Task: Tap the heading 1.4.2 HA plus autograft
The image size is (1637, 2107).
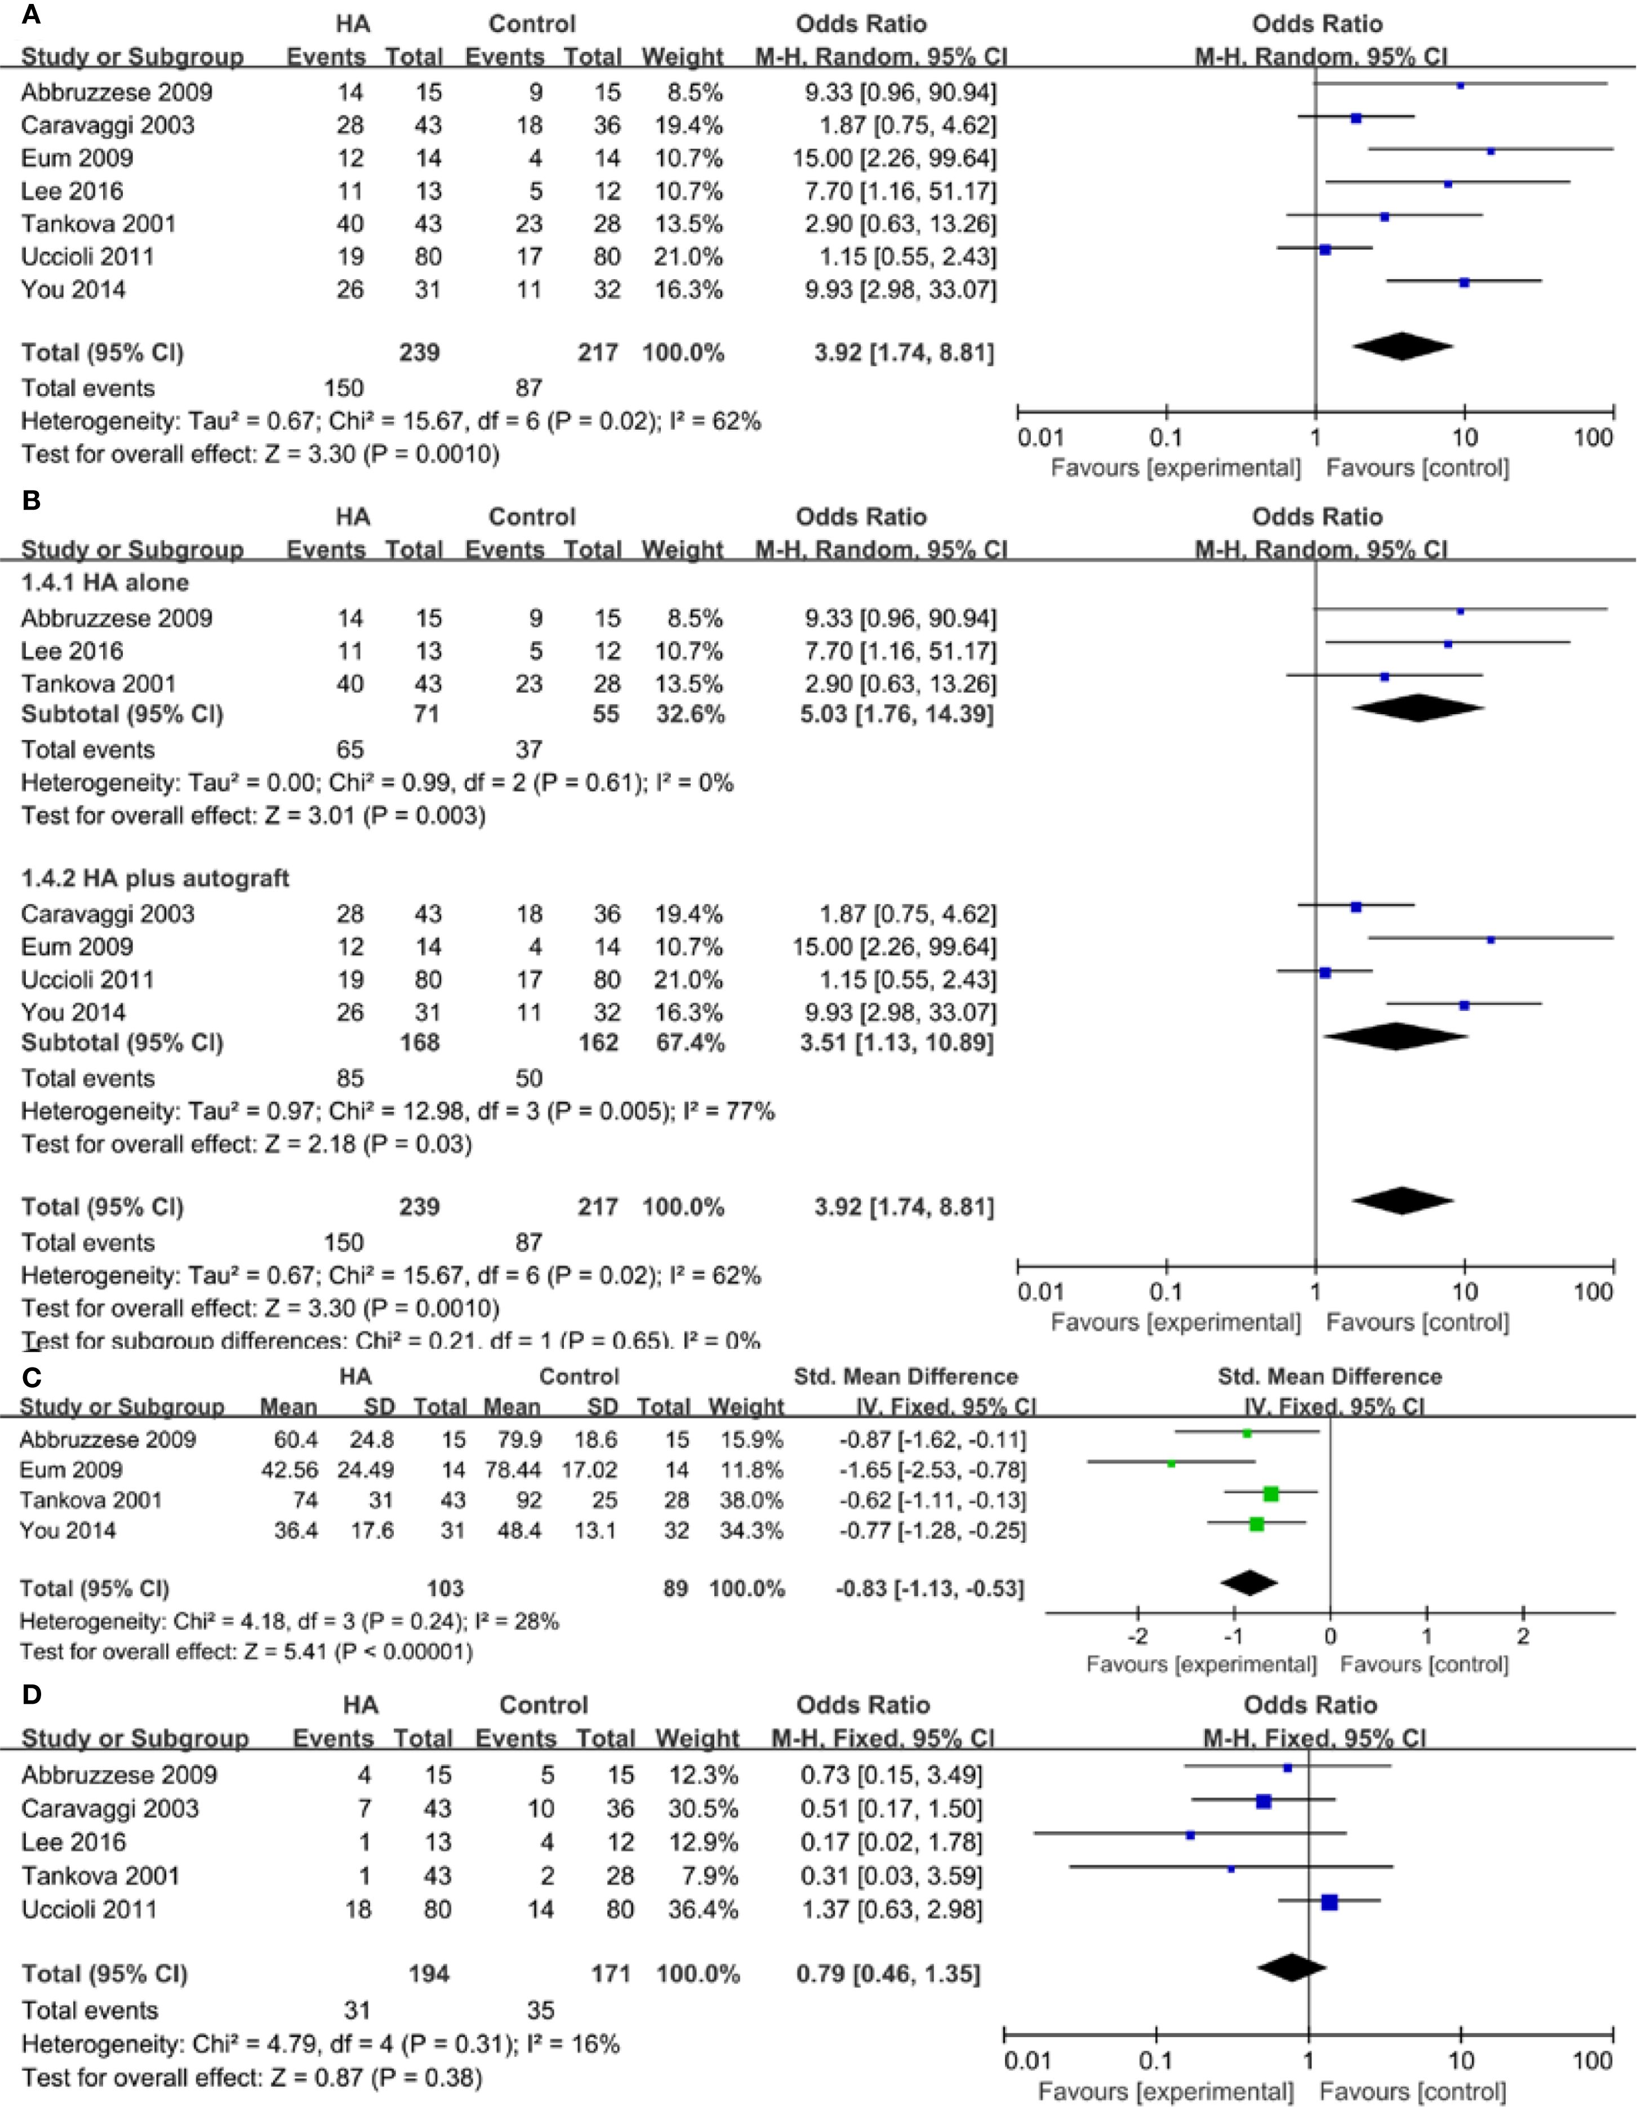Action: (155, 878)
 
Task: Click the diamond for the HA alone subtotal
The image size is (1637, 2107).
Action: (1418, 708)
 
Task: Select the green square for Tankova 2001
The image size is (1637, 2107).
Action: (1270, 1494)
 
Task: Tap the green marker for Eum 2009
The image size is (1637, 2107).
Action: (1171, 1463)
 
